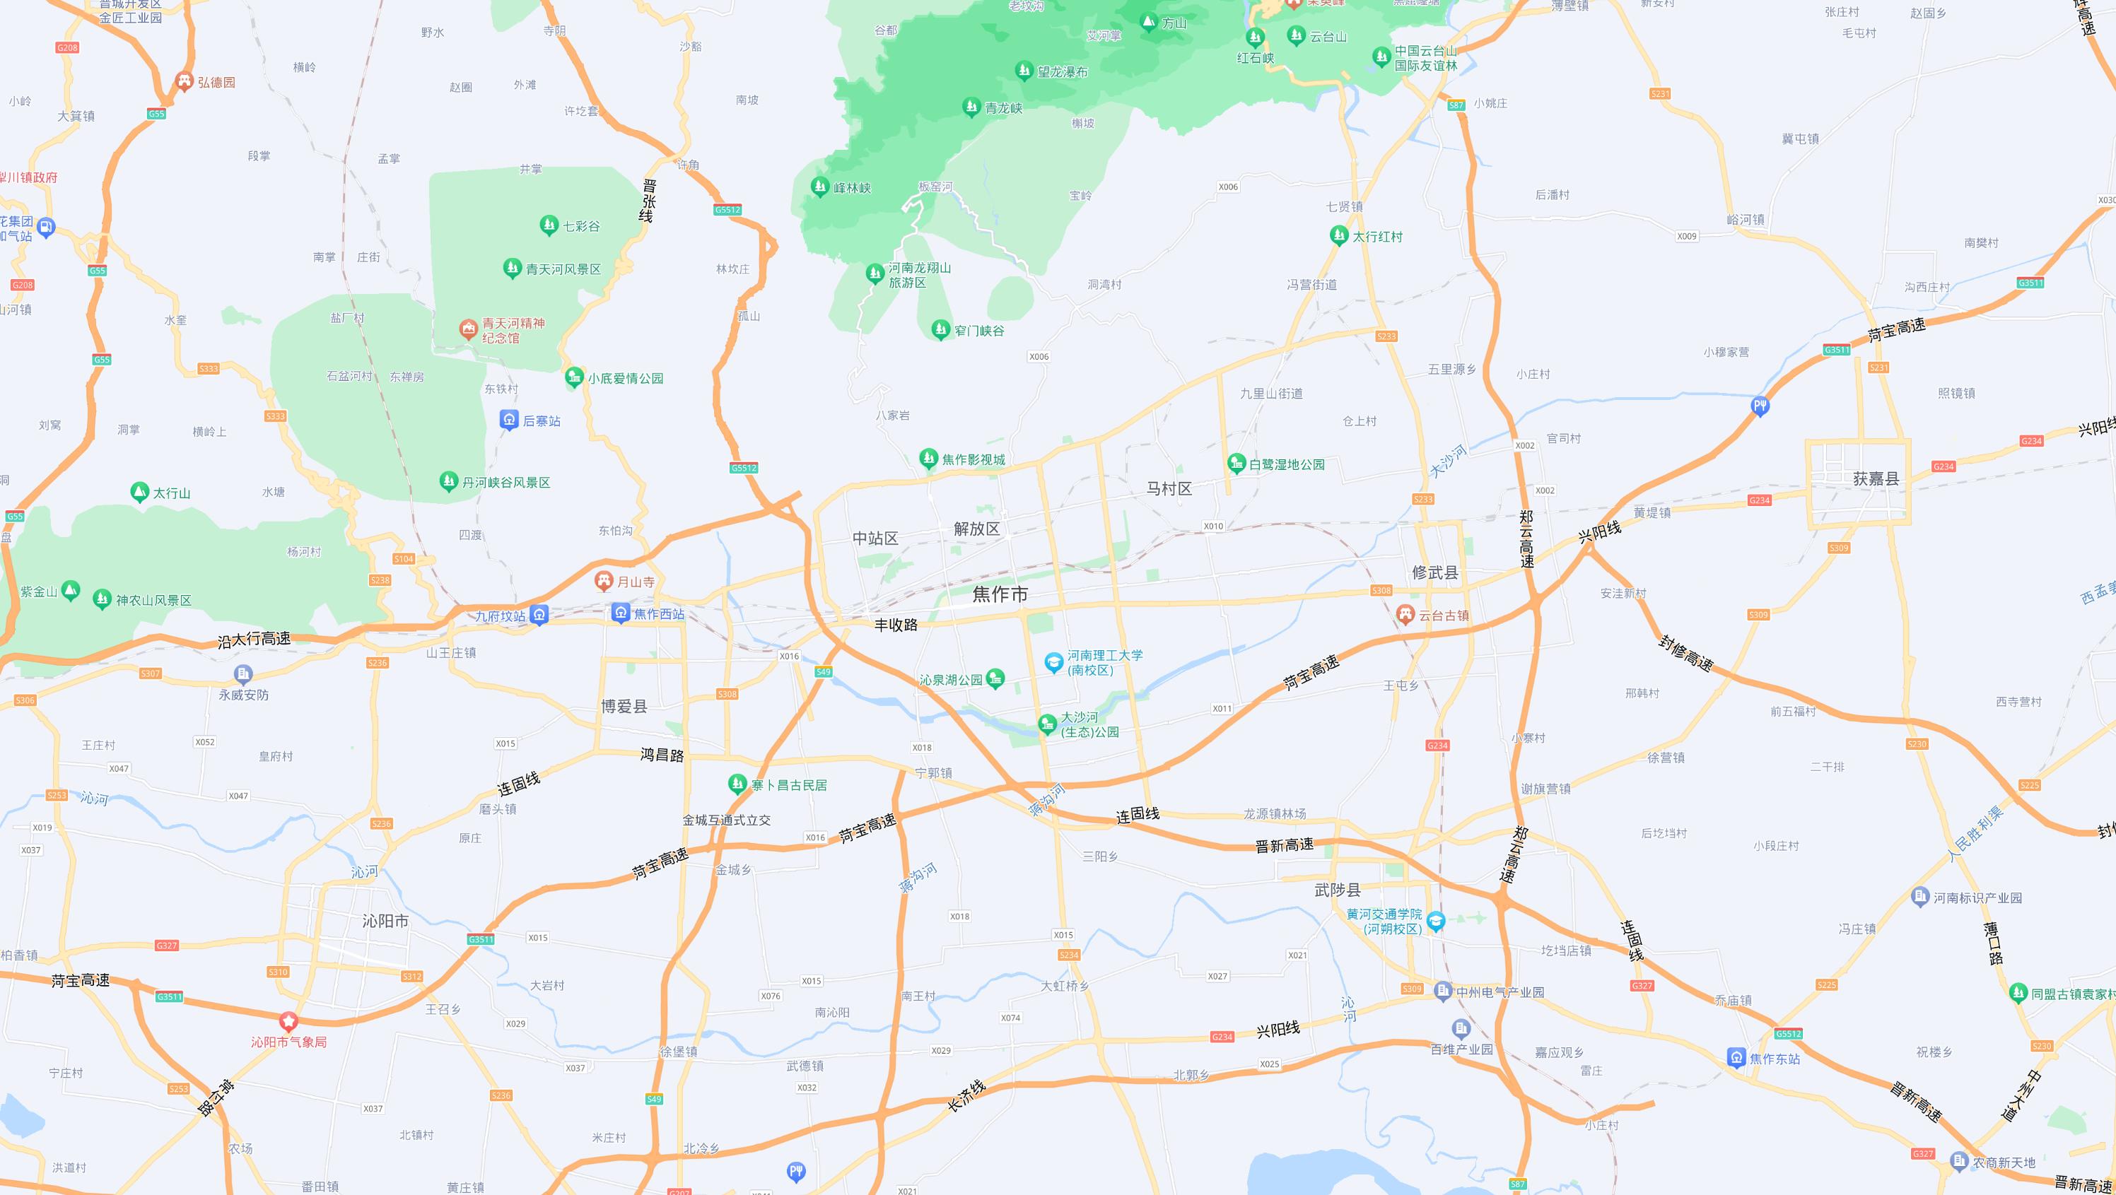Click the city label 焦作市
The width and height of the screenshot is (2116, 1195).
click(1000, 594)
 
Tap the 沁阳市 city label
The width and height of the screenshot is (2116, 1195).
click(385, 921)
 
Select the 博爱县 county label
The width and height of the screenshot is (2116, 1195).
click(624, 706)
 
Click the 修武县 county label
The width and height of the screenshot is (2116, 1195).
click(1435, 572)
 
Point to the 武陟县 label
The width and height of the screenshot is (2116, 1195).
click(1338, 890)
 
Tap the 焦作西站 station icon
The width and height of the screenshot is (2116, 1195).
click(621, 613)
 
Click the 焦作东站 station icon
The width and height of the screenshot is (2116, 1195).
click(1736, 1058)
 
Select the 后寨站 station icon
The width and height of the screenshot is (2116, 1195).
click(509, 420)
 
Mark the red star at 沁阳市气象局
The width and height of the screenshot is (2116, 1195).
click(288, 1022)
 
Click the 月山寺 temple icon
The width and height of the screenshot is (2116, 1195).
click(604, 582)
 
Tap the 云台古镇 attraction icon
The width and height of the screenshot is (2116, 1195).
click(1405, 614)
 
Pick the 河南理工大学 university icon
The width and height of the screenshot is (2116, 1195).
click(1054, 662)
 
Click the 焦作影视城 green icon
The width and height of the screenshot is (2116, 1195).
click(928, 459)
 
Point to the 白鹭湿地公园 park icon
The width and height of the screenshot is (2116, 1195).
click(1237, 463)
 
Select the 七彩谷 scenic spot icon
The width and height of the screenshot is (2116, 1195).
click(549, 225)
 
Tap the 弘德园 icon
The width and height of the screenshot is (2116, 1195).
click(184, 81)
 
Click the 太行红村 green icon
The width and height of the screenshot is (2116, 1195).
click(1339, 236)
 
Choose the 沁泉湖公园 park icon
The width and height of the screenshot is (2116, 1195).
click(995, 678)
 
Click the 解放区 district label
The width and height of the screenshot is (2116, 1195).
click(976, 529)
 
